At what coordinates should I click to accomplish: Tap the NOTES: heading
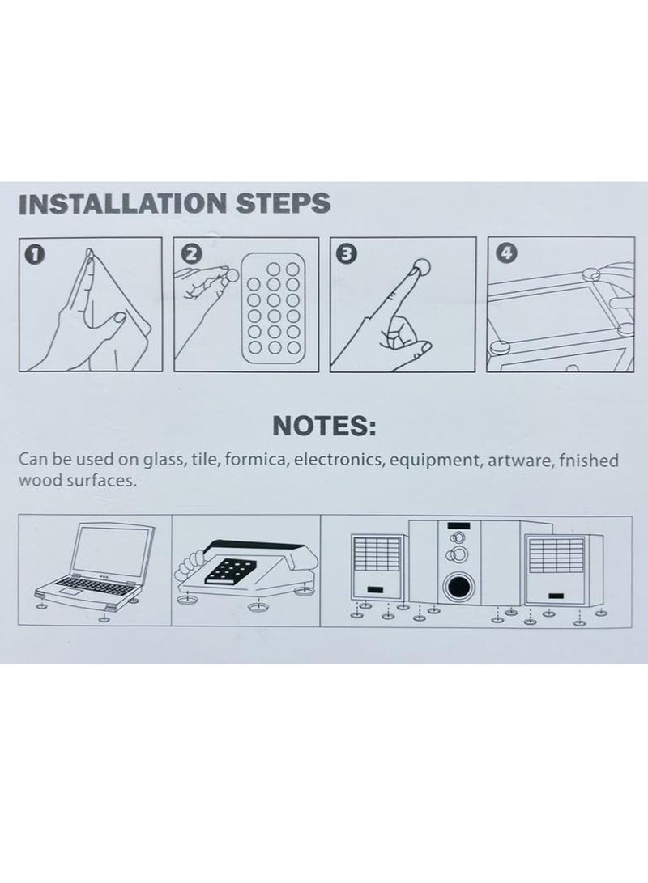coord(324,427)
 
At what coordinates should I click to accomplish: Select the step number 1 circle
coord(35,254)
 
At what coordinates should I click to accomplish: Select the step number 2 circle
coord(192,254)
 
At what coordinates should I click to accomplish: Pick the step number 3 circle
coord(347,254)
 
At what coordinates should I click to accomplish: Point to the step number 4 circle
coord(506,254)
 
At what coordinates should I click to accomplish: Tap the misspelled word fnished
coord(589,460)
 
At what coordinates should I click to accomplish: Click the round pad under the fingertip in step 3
coord(420,265)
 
